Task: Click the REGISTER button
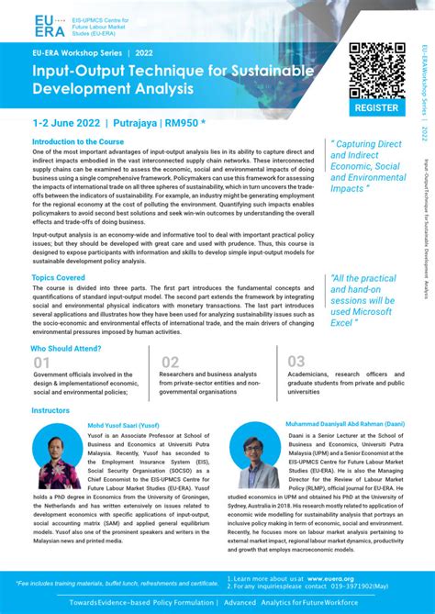point(376,107)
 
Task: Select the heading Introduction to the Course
point(78,142)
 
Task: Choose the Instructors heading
point(50,411)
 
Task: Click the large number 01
point(42,363)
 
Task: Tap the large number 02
point(170,363)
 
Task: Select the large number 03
point(296,363)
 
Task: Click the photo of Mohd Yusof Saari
point(57,457)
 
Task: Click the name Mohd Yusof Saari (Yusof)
point(123,426)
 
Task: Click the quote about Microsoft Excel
point(364,300)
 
